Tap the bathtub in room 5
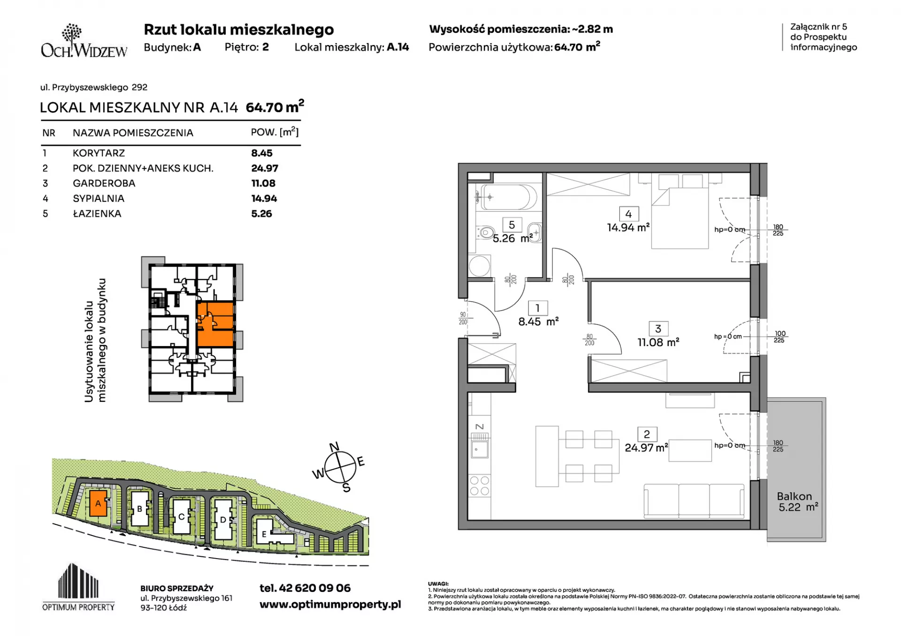pos(507,197)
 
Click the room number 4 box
pos(628,214)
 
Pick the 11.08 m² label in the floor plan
pos(658,342)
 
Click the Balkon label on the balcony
pos(794,496)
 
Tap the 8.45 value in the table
pos(262,153)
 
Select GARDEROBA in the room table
pos(104,183)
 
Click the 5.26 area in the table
pos(261,214)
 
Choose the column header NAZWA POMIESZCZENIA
pos(133,133)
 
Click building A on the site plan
pos(98,503)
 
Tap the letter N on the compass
pos(334,447)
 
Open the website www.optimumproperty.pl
pos(330,605)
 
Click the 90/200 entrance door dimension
pos(463,318)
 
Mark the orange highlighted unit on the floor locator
pos(215,324)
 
